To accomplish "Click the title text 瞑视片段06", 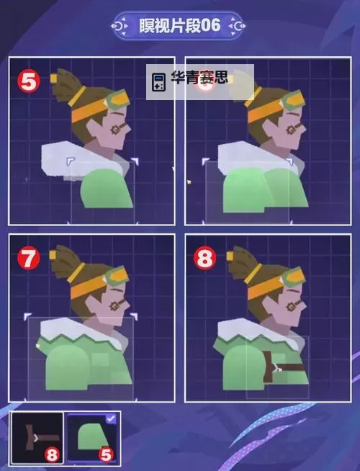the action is tap(179, 25).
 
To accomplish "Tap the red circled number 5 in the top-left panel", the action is tap(29, 81).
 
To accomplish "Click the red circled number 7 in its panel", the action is tap(29, 259).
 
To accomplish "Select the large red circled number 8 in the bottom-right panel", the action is tap(204, 259).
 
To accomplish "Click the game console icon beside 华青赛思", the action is tap(158, 81).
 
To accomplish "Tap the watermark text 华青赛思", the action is tap(199, 78).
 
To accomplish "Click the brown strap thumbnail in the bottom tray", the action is tap(37, 438).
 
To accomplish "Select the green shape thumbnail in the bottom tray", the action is tap(92, 438).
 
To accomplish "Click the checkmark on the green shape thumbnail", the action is tap(111, 418).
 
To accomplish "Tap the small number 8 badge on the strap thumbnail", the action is tap(52, 454).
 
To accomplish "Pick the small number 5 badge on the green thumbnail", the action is tap(107, 454).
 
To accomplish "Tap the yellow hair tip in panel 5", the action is tap(54, 78).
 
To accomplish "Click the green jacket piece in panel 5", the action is tap(107, 188).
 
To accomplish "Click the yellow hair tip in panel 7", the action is tap(53, 255).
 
